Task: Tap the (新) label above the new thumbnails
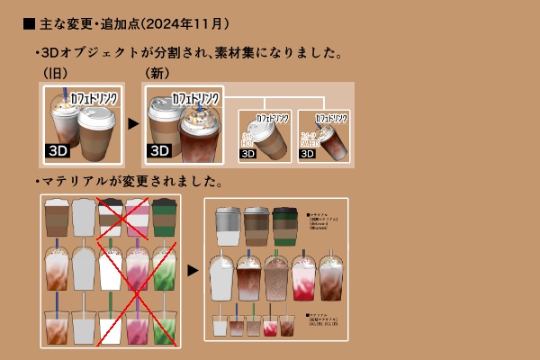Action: [157, 72]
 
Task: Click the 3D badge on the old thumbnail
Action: [58, 150]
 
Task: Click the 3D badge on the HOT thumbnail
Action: [248, 154]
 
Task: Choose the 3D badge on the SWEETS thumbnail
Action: [308, 154]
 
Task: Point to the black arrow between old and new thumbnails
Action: [133, 123]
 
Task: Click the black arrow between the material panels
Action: [193, 269]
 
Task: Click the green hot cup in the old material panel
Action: [164, 218]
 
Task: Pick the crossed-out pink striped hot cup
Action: [138, 218]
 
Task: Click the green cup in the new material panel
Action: [284, 226]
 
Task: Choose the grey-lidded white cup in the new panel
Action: [228, 226]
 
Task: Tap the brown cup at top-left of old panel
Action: [57, 218]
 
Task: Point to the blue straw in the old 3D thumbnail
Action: [67, 99]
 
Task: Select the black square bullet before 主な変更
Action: [29, 22]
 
